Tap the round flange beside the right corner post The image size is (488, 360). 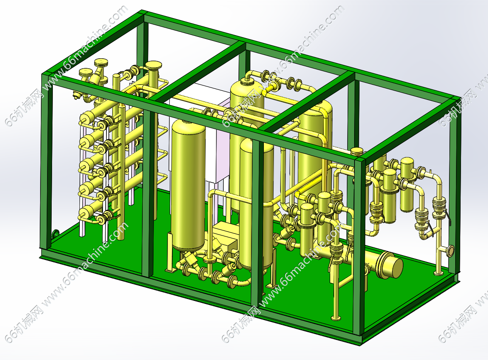pos(451,250)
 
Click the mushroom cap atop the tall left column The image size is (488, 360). pos(154,65)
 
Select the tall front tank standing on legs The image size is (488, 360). pos(188,185)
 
